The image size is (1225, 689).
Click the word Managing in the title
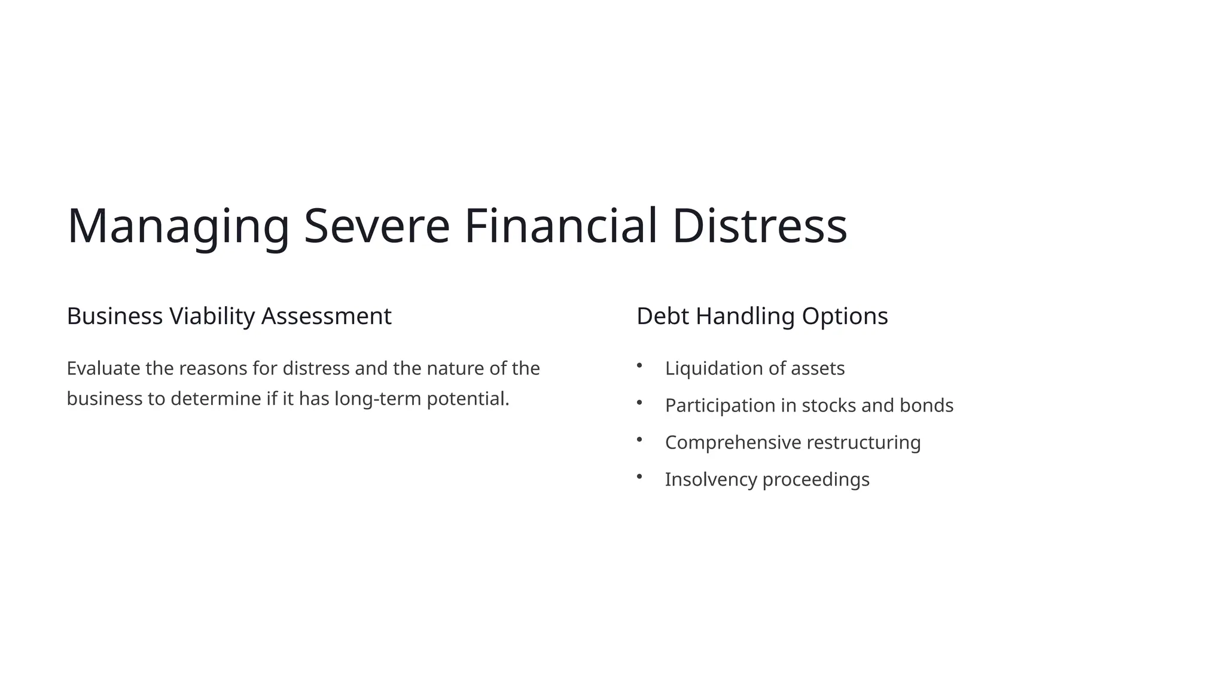tap(178, 226)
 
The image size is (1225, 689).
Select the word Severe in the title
tap(377, 226)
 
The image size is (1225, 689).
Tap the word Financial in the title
tap(561, 226)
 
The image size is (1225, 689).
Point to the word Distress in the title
tap(760, 226)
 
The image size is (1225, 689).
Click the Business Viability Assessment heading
tap(229, 316)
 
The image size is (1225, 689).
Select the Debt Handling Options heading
tap(762, 316)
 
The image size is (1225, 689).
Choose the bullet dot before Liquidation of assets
tap(639, 365)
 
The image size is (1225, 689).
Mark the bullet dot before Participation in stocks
tap(639, 402)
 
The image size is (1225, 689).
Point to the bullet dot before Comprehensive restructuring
tap(639, 439)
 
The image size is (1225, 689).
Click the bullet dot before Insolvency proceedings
tap(639, 476)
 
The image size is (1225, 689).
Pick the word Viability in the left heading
tap(212, 316)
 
